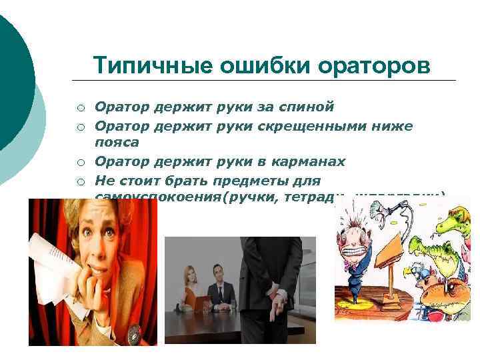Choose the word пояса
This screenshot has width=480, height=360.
point(117,142)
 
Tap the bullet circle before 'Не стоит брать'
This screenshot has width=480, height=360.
point(79,181)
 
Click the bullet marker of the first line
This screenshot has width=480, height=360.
point(79,107)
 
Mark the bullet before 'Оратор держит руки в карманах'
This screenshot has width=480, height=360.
point(79,161)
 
